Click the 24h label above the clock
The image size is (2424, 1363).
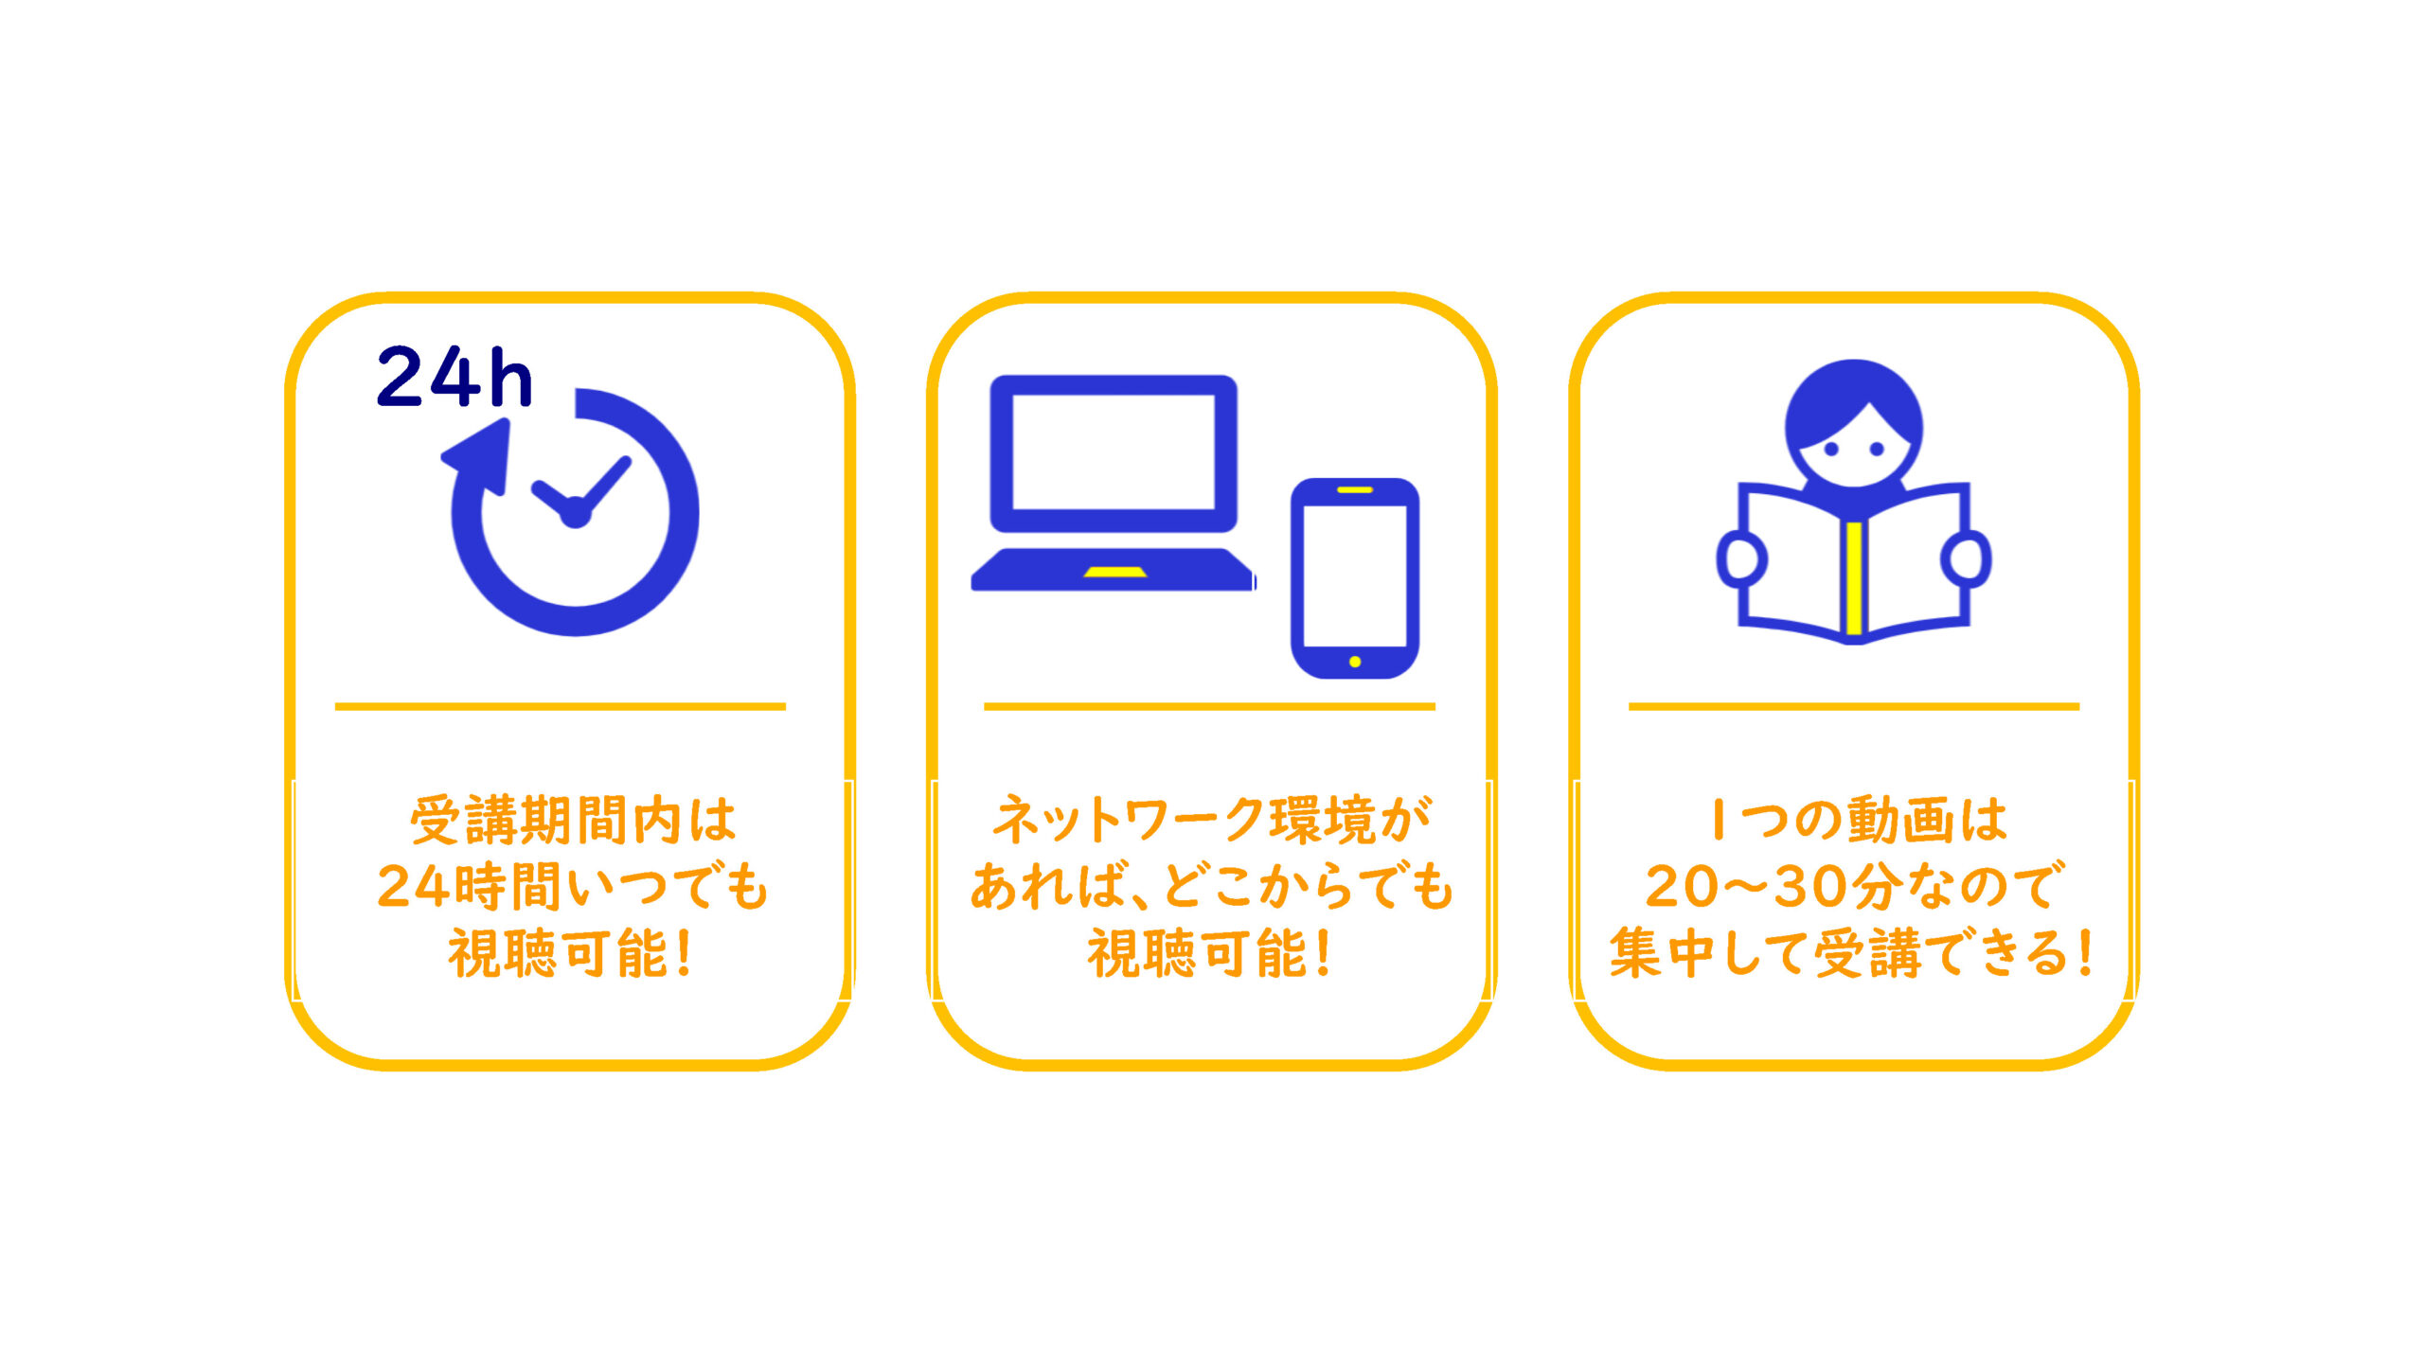click(x=454, y=377)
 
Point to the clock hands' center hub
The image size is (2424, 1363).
click(x=575, y=514)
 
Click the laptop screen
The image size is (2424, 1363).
click(x=1114, y=451)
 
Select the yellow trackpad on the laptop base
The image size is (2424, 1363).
click(x=1115, y=572)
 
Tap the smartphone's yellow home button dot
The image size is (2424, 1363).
click(x=1355, y=662)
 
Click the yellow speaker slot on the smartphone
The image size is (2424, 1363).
click(x=1355, y=489)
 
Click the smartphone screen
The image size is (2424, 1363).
click(x=1355, y=575)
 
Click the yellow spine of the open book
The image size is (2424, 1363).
click(x=1854, y=578)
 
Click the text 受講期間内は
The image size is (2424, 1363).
click(x=573, y=820)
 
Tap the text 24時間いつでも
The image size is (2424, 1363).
click(x=573, y=887)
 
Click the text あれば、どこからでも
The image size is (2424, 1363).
click(x=1211, y=887)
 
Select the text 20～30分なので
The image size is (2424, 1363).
click(x=1854, y=887)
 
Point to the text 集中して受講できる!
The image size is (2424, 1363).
click(x=1852, y=953)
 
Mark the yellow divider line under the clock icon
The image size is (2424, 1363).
click(x=561, y=706)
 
